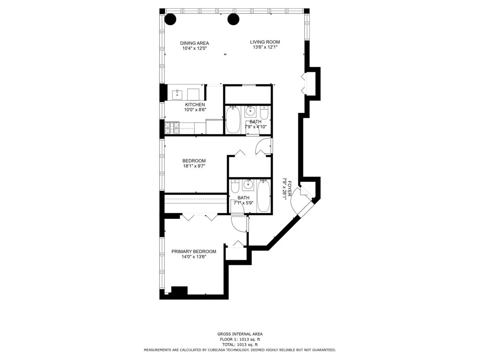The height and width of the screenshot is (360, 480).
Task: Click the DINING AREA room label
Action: (x=194, y=43)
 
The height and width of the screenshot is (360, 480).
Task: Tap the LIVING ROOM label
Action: (x=265, y=42)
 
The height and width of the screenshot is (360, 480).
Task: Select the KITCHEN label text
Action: (x=195, y=104)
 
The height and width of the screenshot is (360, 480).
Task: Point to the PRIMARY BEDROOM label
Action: (x=194, y=252)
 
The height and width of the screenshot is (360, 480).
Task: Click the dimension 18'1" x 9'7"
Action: (x=194, y=166)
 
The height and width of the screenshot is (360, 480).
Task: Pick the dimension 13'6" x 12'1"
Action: (x=265, y=47)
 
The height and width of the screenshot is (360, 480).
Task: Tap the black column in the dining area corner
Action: (x=171, y=19)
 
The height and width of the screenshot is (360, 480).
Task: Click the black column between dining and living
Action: (x=233, y=19)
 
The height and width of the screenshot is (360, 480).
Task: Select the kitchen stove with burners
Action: (x=172, y=127)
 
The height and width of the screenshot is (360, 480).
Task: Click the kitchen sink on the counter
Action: (x=177, y=94)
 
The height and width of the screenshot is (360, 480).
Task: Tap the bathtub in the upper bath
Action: (x=232, y=120)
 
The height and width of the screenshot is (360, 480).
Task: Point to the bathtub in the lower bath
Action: (x=264, y=196)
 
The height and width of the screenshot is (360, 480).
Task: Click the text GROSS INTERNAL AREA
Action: (x=240, y=334)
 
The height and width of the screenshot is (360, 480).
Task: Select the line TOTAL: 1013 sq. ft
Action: (x=240, y=344)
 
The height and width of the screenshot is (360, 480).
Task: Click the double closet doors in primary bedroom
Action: (x=200, y=217)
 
